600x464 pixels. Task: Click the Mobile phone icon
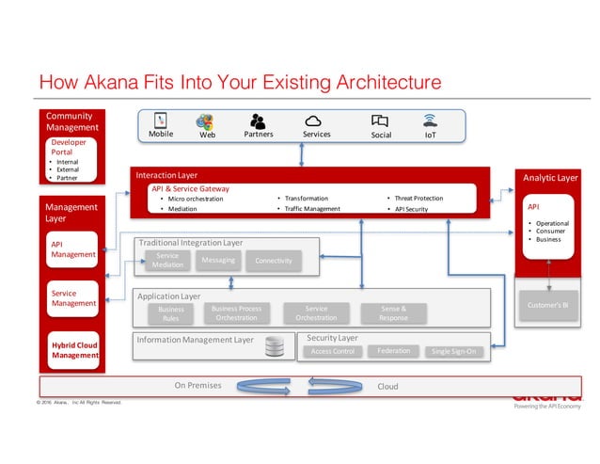[x=160, y=121]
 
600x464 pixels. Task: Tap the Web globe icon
[x=205, y=121]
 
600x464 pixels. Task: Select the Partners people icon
[x=257, y=121]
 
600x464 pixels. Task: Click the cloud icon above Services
[x=314, y=121]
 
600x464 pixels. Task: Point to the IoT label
[x=431, y=135]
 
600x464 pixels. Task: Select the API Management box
[x=73, y=248]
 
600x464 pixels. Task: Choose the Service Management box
[x=73, y=298]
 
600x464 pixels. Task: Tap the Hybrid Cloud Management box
[x=73, y=349]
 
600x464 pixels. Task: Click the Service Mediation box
[x=167, y=261]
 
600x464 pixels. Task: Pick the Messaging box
[x=218, y=260]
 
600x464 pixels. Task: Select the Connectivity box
[x=274, y=261]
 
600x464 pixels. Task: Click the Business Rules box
[x=171, y=313]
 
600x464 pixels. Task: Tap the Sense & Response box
[x=393, y=313]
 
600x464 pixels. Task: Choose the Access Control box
[x=332, y=352]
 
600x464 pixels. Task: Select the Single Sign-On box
[x=454, y=352]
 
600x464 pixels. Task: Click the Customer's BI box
[x=548, y=306]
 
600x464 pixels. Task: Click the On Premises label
[x=197, y=386]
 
